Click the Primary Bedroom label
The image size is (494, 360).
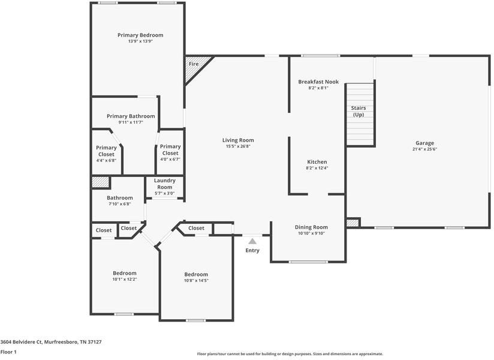coord(140,35)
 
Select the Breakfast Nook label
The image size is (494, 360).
coord(318,82)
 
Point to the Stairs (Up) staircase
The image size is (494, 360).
coord(360,114)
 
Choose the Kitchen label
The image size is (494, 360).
coord(317,162)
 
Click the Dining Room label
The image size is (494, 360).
coord(311,227)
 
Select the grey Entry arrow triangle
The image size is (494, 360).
coord(252,241)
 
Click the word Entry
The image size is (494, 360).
coord(252,250)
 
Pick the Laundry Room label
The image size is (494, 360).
coord(164,184)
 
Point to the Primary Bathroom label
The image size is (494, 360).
coord(131,116)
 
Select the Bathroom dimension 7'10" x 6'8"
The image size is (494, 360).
coord(120,204)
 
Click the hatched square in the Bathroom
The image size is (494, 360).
coord(100,182)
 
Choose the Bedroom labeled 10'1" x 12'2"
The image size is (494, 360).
coord(125,273)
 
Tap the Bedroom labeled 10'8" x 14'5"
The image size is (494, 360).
coord(196,274)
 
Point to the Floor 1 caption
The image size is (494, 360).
coord(8,352)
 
